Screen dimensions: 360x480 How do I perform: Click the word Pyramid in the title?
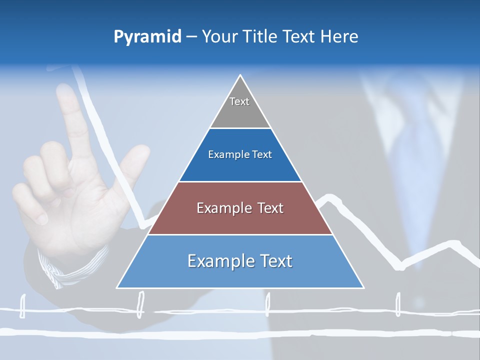[147, 37]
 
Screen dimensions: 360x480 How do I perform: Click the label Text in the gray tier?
[239, 101]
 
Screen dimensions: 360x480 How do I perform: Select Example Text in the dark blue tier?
[240, 154]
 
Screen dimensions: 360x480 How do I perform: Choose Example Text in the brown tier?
[240, 208]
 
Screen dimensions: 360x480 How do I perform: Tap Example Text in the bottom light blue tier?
[240, 261]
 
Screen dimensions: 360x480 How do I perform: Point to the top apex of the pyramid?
[240, 75]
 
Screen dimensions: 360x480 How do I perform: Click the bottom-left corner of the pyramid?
[117, 287]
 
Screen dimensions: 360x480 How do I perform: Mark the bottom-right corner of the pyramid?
[363, 287]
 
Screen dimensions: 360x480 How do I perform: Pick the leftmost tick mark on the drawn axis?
[22, 306]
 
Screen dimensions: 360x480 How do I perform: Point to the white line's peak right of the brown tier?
[328, 196]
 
